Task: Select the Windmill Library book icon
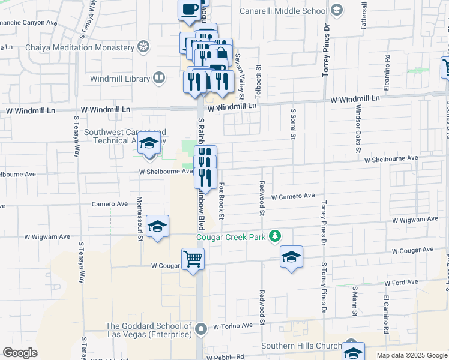(x=159, y=77)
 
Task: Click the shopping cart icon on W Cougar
(x=193, y=259)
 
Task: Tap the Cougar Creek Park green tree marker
(x=275, y=236)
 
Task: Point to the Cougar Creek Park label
(x=231, y=238)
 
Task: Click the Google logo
(x=20, y=353)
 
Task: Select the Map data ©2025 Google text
(x=412, y=355)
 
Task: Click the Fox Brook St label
(x=221, y=200)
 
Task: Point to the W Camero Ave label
(x=293, y=196)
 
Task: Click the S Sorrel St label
(x=294, y=124)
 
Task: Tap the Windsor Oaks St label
(x=358, y=120)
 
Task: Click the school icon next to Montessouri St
(x=157, y=226)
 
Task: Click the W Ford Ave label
(x=401, y=283)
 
